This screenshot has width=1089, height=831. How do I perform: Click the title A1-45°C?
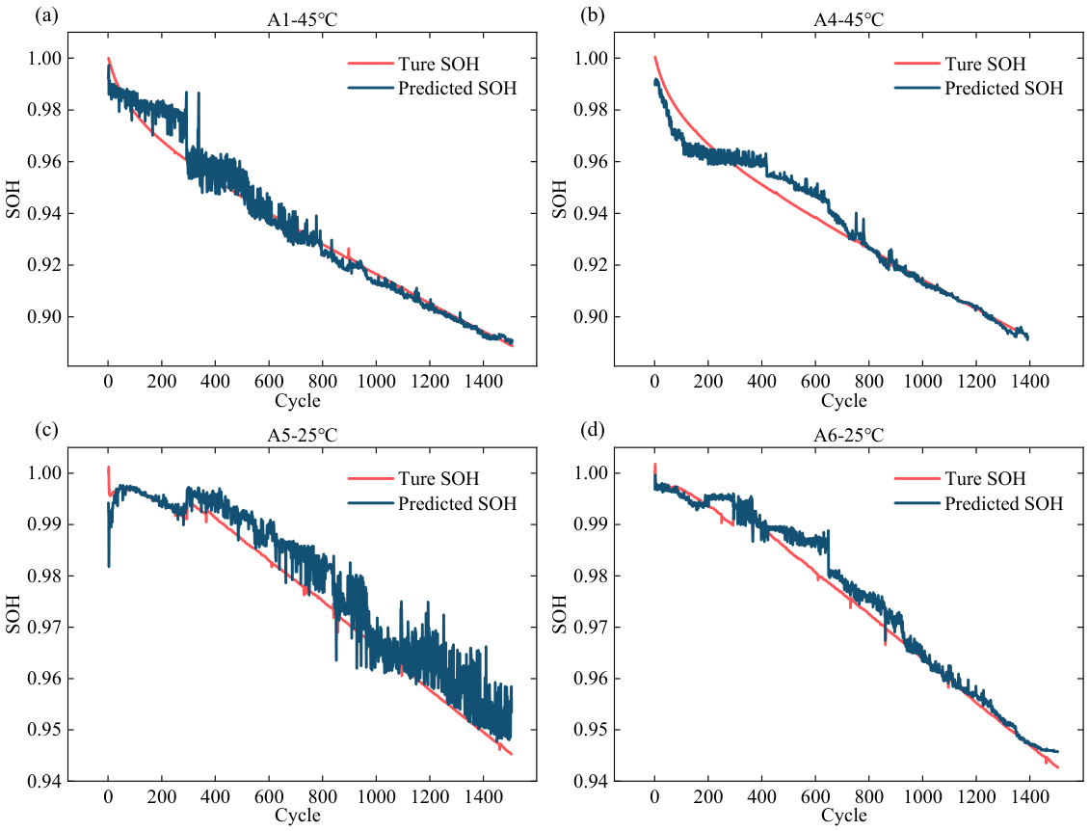coord(302,20)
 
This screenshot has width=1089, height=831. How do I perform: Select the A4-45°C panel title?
coord(849,20)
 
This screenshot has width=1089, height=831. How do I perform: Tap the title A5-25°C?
coord(302,436)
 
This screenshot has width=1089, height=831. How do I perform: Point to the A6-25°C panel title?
coord(849,436)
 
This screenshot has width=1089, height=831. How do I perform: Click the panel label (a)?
coord(46,15)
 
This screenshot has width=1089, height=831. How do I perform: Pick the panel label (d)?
coord(593,430)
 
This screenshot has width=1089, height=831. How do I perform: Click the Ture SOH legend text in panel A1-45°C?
coord(438,64)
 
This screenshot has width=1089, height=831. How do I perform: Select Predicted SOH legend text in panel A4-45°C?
coord(1003,89)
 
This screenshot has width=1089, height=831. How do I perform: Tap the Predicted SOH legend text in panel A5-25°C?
coord(457,503)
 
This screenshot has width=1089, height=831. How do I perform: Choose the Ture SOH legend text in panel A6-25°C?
coord(985,479)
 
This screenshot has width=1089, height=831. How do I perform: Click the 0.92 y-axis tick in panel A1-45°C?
coord(44,265)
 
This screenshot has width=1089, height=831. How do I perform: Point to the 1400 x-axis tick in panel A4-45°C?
coord(1029,381)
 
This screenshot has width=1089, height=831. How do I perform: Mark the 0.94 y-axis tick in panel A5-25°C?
coord(44,782)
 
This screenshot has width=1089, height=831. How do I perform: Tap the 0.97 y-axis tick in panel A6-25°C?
coord(591,628)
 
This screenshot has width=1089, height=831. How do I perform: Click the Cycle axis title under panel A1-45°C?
coord(298,400)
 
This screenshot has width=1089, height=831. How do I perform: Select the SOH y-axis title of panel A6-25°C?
coord(560,614)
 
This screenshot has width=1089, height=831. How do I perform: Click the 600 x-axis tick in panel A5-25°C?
coord(269,796)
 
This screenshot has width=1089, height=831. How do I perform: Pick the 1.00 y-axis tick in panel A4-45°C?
coord(591,59)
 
